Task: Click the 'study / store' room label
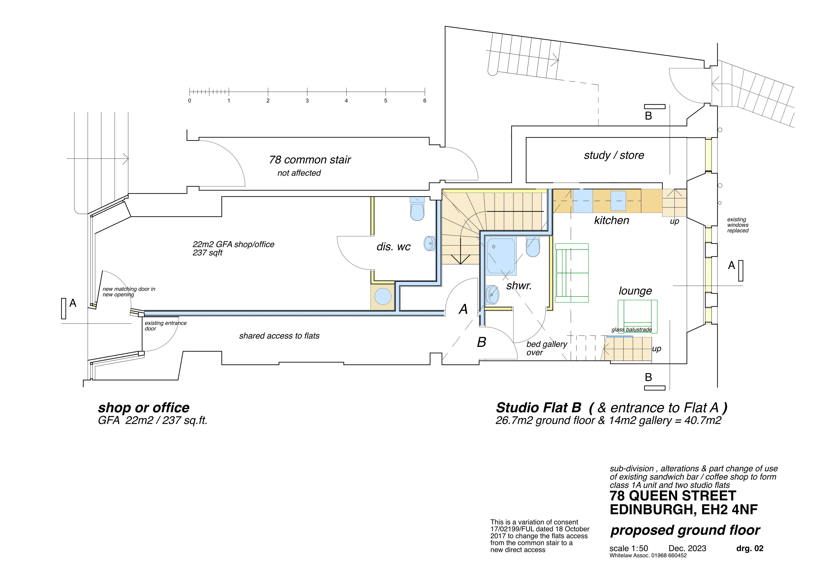coord(614,155)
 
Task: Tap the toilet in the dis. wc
coord(417,208)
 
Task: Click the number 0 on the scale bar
coord(190,101)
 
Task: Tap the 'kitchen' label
coord(612,220)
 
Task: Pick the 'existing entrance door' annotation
coord(165,326)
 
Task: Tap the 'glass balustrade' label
coord(632,330)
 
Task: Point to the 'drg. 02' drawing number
coord(750,548)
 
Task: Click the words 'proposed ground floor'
coord(685,530)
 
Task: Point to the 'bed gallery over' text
coord(547,348)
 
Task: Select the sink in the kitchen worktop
coord(618,201)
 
